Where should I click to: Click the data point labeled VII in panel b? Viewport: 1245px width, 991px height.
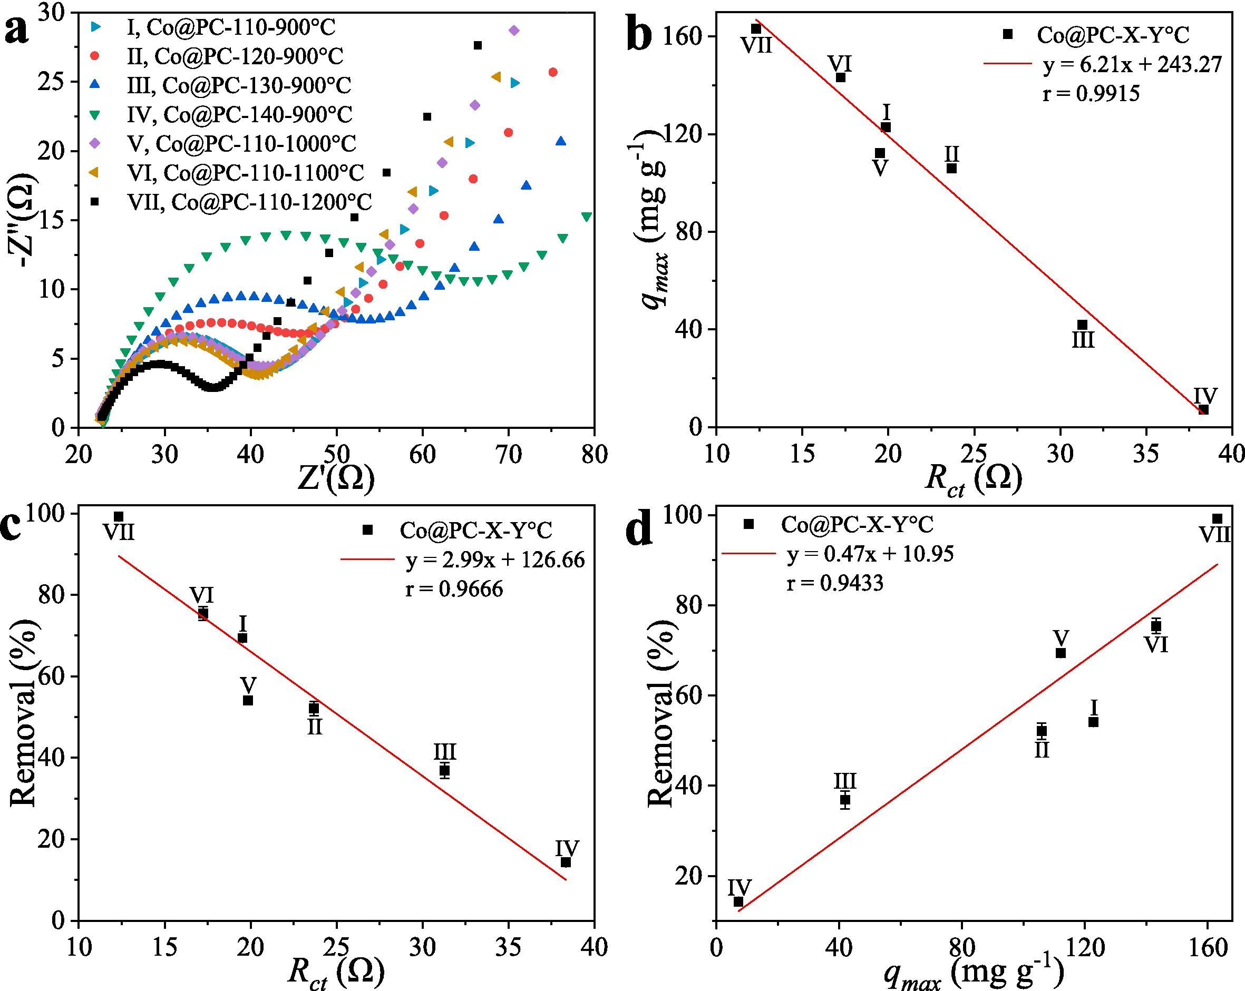756,29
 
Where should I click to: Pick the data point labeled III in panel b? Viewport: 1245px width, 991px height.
1082,325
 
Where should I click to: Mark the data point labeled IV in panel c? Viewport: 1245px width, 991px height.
566,862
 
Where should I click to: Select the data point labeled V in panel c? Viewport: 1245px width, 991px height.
248,701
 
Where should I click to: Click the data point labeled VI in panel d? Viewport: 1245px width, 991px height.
1156,626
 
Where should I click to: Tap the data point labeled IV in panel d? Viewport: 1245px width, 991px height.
738,902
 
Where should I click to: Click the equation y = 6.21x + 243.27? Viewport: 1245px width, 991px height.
1132,65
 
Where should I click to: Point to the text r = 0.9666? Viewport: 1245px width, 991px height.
454,588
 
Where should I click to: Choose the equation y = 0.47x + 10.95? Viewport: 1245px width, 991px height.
871,554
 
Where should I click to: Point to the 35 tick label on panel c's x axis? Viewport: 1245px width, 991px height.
509,948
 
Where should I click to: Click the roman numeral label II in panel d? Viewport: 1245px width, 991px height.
1042,750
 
